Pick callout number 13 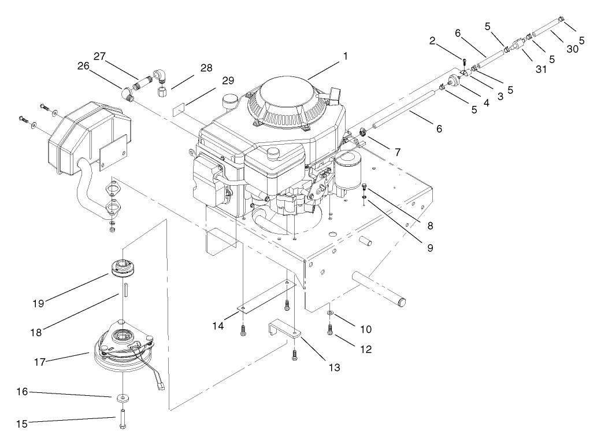click(x=318, y=367)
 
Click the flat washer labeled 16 click(x=123, y=398)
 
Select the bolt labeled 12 click(x=329, y=329)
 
